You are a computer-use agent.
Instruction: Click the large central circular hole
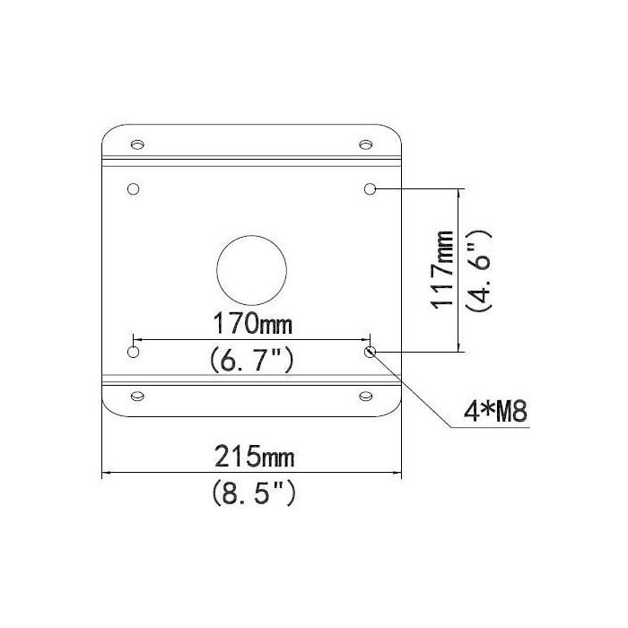click(x=253, y=269)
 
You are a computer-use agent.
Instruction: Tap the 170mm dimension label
click(x=252, y=321)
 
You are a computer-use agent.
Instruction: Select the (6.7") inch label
click(x=252, y=361)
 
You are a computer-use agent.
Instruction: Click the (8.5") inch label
click(x=252, y=493)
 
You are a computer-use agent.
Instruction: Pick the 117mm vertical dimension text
click(x=441, y=270)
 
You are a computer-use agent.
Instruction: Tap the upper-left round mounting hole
click(x=134, y=189)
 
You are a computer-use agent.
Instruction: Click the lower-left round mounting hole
click(x=134, y=352)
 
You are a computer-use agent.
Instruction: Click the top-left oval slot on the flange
click(x=137, y=144)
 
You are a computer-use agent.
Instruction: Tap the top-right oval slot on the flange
click(x=365, y=144)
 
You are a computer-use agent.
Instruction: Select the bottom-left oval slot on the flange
click(x=137, y=396)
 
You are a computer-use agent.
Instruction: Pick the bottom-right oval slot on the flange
click(x=365, y=396)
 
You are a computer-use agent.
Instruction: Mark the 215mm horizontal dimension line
click(x=179, y=472)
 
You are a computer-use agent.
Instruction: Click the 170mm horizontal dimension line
click(x=179, y=339)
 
